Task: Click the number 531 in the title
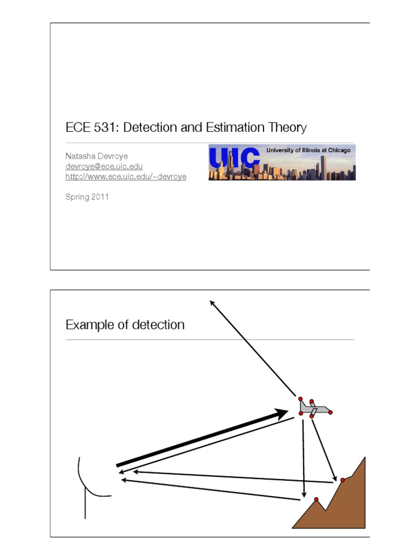click(106, 127)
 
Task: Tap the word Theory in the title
click(287, 128)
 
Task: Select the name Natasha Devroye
click(96, 156)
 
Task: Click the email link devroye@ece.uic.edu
click(104, 166)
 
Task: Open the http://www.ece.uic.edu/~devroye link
click(126, 177)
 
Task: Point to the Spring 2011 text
click(87, 197)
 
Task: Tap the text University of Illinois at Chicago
click(308, 150)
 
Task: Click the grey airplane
click(314, 408)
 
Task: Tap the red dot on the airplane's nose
click(330, 412)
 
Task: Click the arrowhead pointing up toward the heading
click(212, 303)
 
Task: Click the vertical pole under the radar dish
click(85, 504)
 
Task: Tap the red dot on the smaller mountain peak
click(316, 499)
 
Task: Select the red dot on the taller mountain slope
click(342, 480)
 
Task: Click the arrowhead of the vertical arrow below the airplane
click(304, 494)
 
